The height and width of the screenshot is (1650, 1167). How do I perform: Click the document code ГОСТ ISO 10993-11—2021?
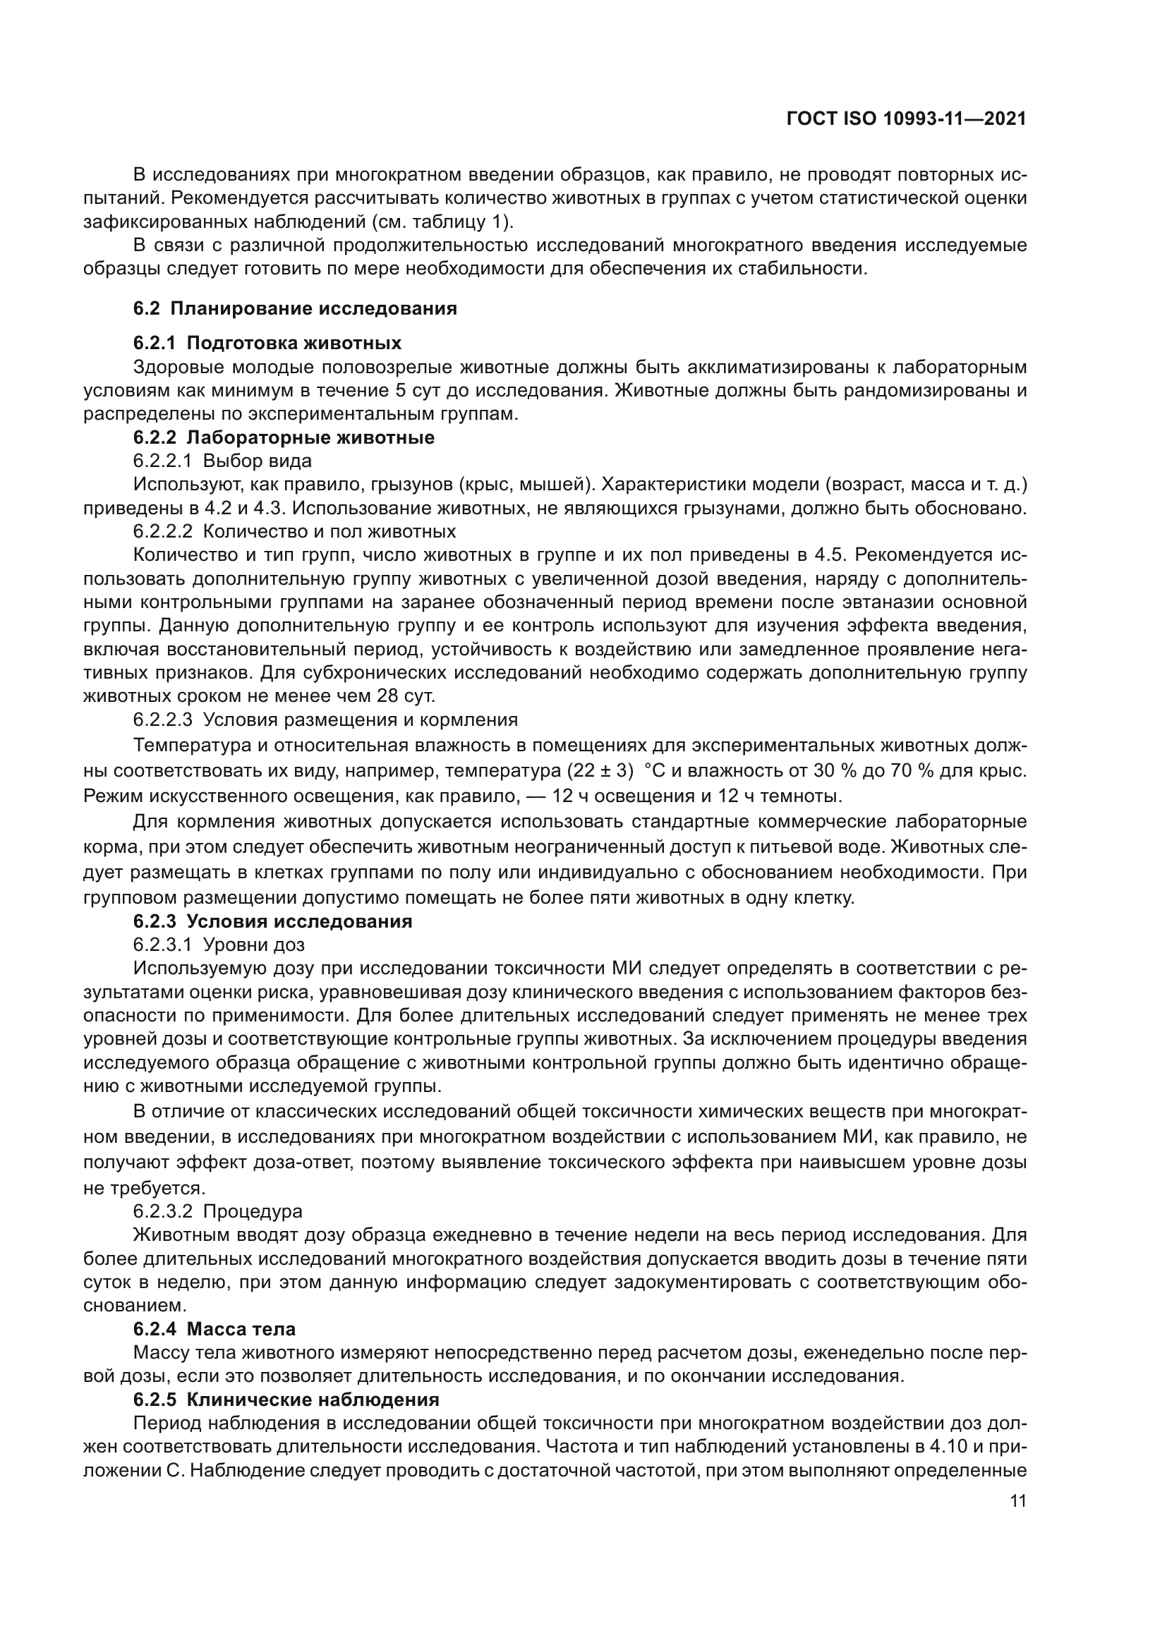(906, 119)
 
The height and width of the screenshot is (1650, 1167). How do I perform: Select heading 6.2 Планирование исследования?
(296, 309)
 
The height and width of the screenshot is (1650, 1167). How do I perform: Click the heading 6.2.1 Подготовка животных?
(267, 343)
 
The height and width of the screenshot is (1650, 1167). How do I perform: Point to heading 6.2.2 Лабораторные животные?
(284, 437)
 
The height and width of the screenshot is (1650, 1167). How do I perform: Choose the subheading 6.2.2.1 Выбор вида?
(222, 461)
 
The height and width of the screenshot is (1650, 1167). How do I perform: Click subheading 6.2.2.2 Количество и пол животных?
(294, 532)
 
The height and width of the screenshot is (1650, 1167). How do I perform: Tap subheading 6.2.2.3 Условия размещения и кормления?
(325, 720)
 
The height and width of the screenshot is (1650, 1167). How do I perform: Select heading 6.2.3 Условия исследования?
(272, 922)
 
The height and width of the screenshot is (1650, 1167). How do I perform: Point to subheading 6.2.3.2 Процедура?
(217, 1212)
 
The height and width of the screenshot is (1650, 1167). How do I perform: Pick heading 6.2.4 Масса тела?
(214, 1330)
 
